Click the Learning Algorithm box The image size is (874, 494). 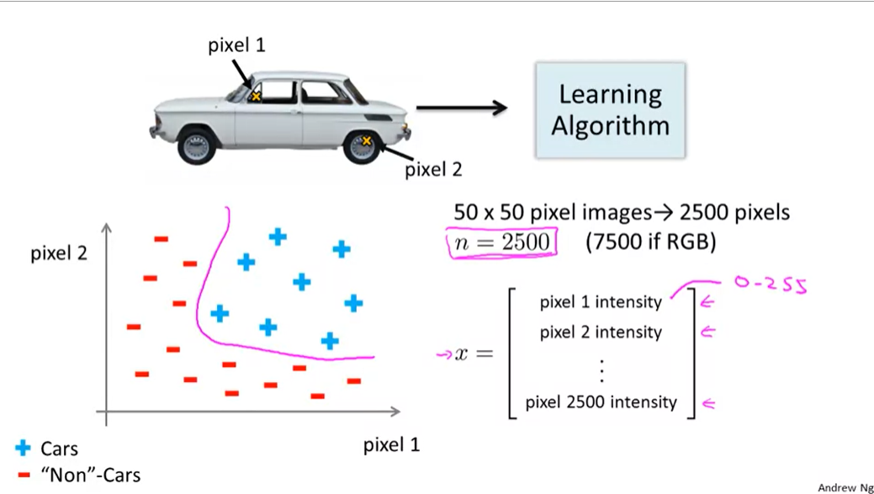(610, 109)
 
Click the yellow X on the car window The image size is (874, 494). (256, 97)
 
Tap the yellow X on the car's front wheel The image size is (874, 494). (366, 141)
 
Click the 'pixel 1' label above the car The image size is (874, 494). (236, 45)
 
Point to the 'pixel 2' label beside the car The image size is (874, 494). (433, 170)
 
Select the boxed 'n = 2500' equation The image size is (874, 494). (502, 242)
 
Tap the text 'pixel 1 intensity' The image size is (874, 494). (601, 301)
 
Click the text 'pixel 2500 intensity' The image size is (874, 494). (601, 402)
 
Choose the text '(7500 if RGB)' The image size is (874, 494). (650, 242)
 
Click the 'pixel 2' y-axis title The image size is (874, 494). (59, 253)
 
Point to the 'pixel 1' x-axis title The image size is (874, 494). (391, 445)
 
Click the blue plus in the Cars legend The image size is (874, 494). (23, 449)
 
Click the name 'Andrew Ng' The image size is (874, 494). (844, 487)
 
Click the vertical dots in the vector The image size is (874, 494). (601, 368)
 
